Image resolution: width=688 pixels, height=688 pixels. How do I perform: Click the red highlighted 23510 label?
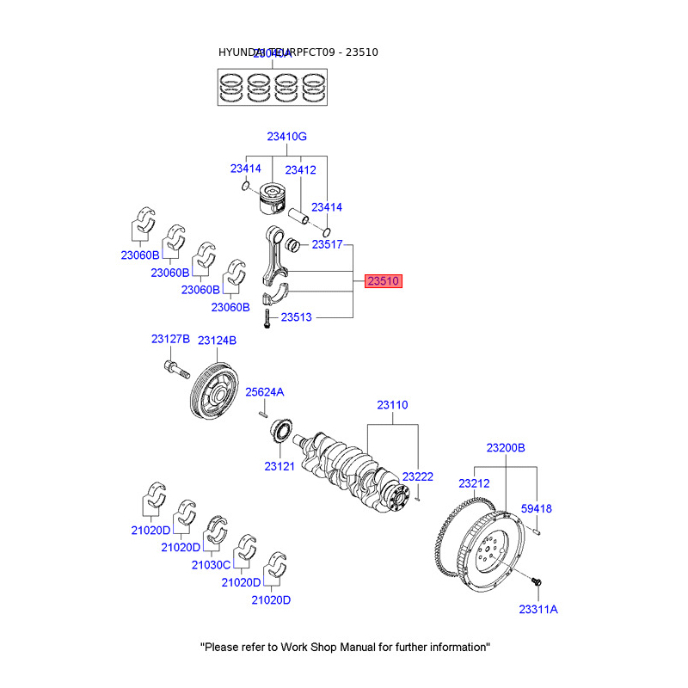pos(384,280)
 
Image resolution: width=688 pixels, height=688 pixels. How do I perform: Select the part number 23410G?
pos(286,137)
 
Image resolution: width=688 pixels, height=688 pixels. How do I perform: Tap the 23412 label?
pos(300,169)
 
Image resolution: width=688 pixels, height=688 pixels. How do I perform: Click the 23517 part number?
pos(327,245)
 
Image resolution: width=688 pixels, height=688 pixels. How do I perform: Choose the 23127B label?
pos(170,340)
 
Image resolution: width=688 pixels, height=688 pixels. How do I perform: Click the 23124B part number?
pos(217,341)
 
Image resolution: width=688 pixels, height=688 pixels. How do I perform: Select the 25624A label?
pos(264,392)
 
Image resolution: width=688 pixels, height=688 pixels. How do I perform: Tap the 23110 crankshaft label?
pos(392,405)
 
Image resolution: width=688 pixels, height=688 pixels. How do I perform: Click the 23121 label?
pos(279,467)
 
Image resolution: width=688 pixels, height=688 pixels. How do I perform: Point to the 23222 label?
pos(418,476)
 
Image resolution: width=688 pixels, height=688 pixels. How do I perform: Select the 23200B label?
pos(505,448)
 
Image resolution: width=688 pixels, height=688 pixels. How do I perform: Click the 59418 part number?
pos(537,509)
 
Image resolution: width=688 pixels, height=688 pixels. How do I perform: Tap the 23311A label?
pos(538,609)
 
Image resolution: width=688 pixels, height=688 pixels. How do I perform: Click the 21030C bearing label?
pos(211,565)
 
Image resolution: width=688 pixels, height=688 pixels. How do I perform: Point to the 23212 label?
pos(474,483)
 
